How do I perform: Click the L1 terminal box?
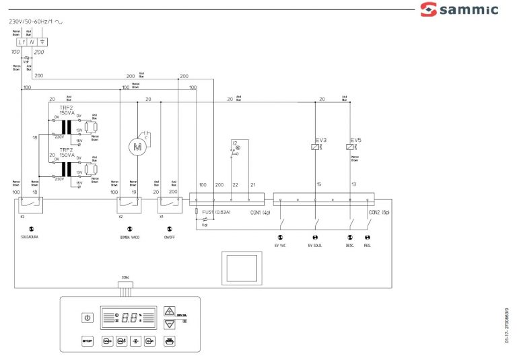pos(22,42)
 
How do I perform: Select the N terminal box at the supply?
pos(32,42)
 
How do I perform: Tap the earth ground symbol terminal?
pos(42,42)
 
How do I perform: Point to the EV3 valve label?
pos(320,140)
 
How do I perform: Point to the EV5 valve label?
pos(355,140)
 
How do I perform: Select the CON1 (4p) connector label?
pos(259,213)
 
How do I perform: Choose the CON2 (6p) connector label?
pos(378,213)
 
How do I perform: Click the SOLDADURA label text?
pos(30,236)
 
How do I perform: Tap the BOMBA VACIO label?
pos(130,236)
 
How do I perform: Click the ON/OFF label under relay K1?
pos(169,236)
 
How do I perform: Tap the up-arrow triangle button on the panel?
pos(170,310)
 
